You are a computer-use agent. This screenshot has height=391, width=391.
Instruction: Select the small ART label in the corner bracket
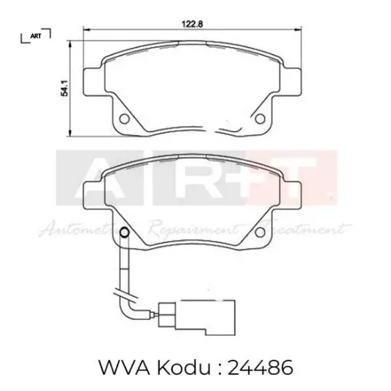(36, 34)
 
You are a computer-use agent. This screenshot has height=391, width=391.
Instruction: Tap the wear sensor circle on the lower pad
(123, 232)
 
